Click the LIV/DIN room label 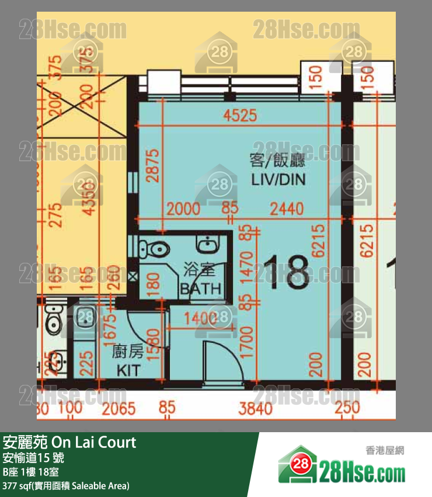click(x=278, y=179)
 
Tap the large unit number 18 click(x=286, y=272)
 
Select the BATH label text click(x=200, y=288)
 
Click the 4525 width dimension click(x=240, y=115)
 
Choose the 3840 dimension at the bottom click(x=255, y=408)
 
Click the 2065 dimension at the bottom click(x=119, y=408)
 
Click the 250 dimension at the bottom click(x=347, y=408)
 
